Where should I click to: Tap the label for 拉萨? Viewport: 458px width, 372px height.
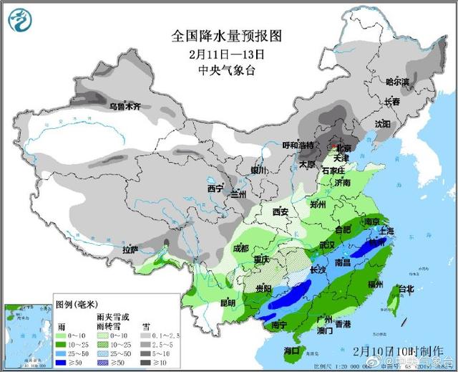coord(130,249)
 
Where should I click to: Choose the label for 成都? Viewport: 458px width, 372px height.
coord(241,249)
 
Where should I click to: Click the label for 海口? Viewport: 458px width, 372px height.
coord(291,350)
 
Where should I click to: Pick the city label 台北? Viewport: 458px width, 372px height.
coord(405,289)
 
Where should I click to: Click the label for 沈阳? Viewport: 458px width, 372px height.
coord(383,124)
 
